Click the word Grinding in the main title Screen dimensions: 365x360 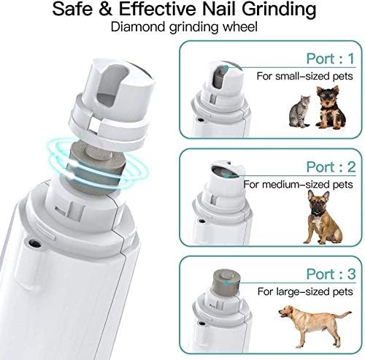click(x=279, y=9)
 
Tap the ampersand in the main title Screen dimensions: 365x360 click(x=105, y=9)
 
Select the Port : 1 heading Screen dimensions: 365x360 click(x=331, y=58)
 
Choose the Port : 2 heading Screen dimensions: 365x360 click(x=331, y=167)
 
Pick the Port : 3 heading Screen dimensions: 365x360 click(x=331, y=275)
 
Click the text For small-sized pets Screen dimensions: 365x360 click(x=304, y=76)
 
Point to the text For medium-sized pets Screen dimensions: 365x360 click(x=298, y=184)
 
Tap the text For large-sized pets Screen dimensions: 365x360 click(x=305, y=291)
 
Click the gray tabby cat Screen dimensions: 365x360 click(x=299, y=112)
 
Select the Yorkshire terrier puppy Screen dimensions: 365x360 click(x=330, y=107)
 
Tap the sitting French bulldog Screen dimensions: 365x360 click(x=321, y=217)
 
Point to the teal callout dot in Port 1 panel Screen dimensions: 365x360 click(x=226, y=68)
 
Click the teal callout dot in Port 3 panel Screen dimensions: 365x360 click(x=226, y=283)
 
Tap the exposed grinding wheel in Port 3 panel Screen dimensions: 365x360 click(x=226, y=283)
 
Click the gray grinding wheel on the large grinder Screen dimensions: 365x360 click(x=96, y=168)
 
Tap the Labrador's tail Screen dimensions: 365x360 click(x=342, y=314)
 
